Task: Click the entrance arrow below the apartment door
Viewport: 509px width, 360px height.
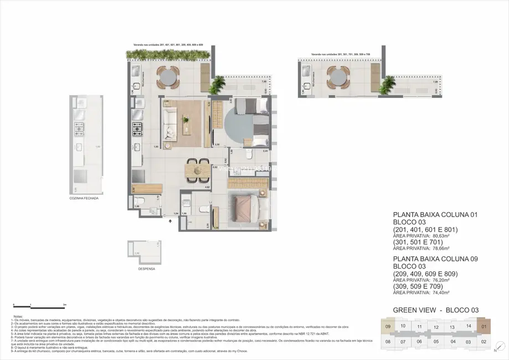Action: (171, 220)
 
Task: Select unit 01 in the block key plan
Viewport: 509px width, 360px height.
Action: (484, 326)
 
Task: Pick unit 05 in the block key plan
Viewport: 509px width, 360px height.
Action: (436, 341)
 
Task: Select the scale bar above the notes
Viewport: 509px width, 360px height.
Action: (39, 305)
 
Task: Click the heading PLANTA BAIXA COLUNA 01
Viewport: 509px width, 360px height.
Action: (434, 214)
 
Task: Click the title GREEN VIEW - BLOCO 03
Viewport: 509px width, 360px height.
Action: (435, 310)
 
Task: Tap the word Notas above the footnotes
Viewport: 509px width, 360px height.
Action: (18, 315)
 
